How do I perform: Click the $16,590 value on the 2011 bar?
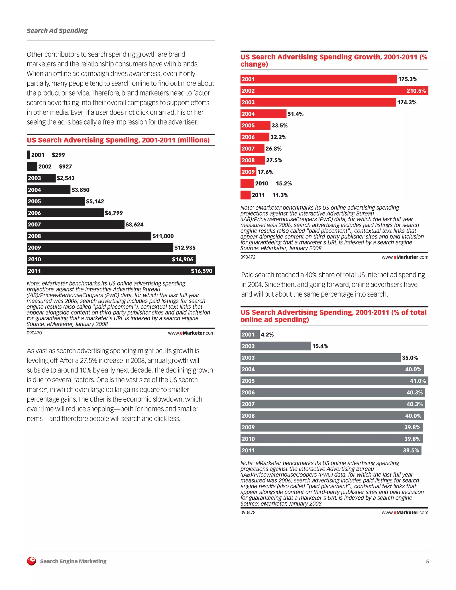click(202, 271)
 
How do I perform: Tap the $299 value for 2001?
click(58, 155)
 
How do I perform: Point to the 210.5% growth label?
click(416, 91)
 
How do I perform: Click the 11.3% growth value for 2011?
click(280, 195)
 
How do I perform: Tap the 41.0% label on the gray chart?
click(418, 381)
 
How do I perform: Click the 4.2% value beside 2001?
click(267, 335)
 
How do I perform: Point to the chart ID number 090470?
click(34, 333)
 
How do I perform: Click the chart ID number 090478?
click(248, 513)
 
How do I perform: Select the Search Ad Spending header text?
click(57, 31)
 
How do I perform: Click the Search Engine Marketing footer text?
click(73, 561)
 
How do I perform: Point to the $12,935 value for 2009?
click(185, 248)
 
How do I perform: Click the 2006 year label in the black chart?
click(34, 213)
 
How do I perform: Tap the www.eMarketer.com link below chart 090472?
click(405, 257)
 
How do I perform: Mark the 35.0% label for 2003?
click(410, 358)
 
